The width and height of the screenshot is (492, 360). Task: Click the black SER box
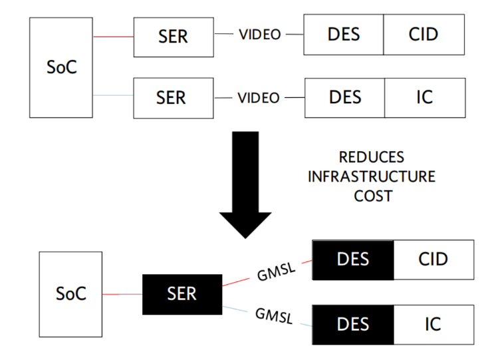pyautogui.click(x=182, y=294)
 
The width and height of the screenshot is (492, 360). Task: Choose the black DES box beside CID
pyautogui.click(x=353, y=259)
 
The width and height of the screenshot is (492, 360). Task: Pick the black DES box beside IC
pyautogui.click(x=353, y=324)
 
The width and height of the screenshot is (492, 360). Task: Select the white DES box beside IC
pyautogui.click(x=344, y=97)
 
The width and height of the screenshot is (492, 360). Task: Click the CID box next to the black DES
pyautogui.click(x=433, y=259)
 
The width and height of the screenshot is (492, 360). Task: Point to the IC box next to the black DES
pyautogui.click(x=433, y=324)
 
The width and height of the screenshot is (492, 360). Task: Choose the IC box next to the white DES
pyautogui.click(x=424, y=97)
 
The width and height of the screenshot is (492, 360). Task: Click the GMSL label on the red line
pyautogui.click(x=275, y=271)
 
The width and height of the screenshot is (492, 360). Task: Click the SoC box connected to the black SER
pyautogui.click(x=70, y=293)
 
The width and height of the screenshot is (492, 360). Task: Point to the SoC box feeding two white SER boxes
pyautogui.click(x=61, y=68)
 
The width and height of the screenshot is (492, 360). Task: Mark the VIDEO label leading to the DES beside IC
pyautogui.click(x=259, y=97)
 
